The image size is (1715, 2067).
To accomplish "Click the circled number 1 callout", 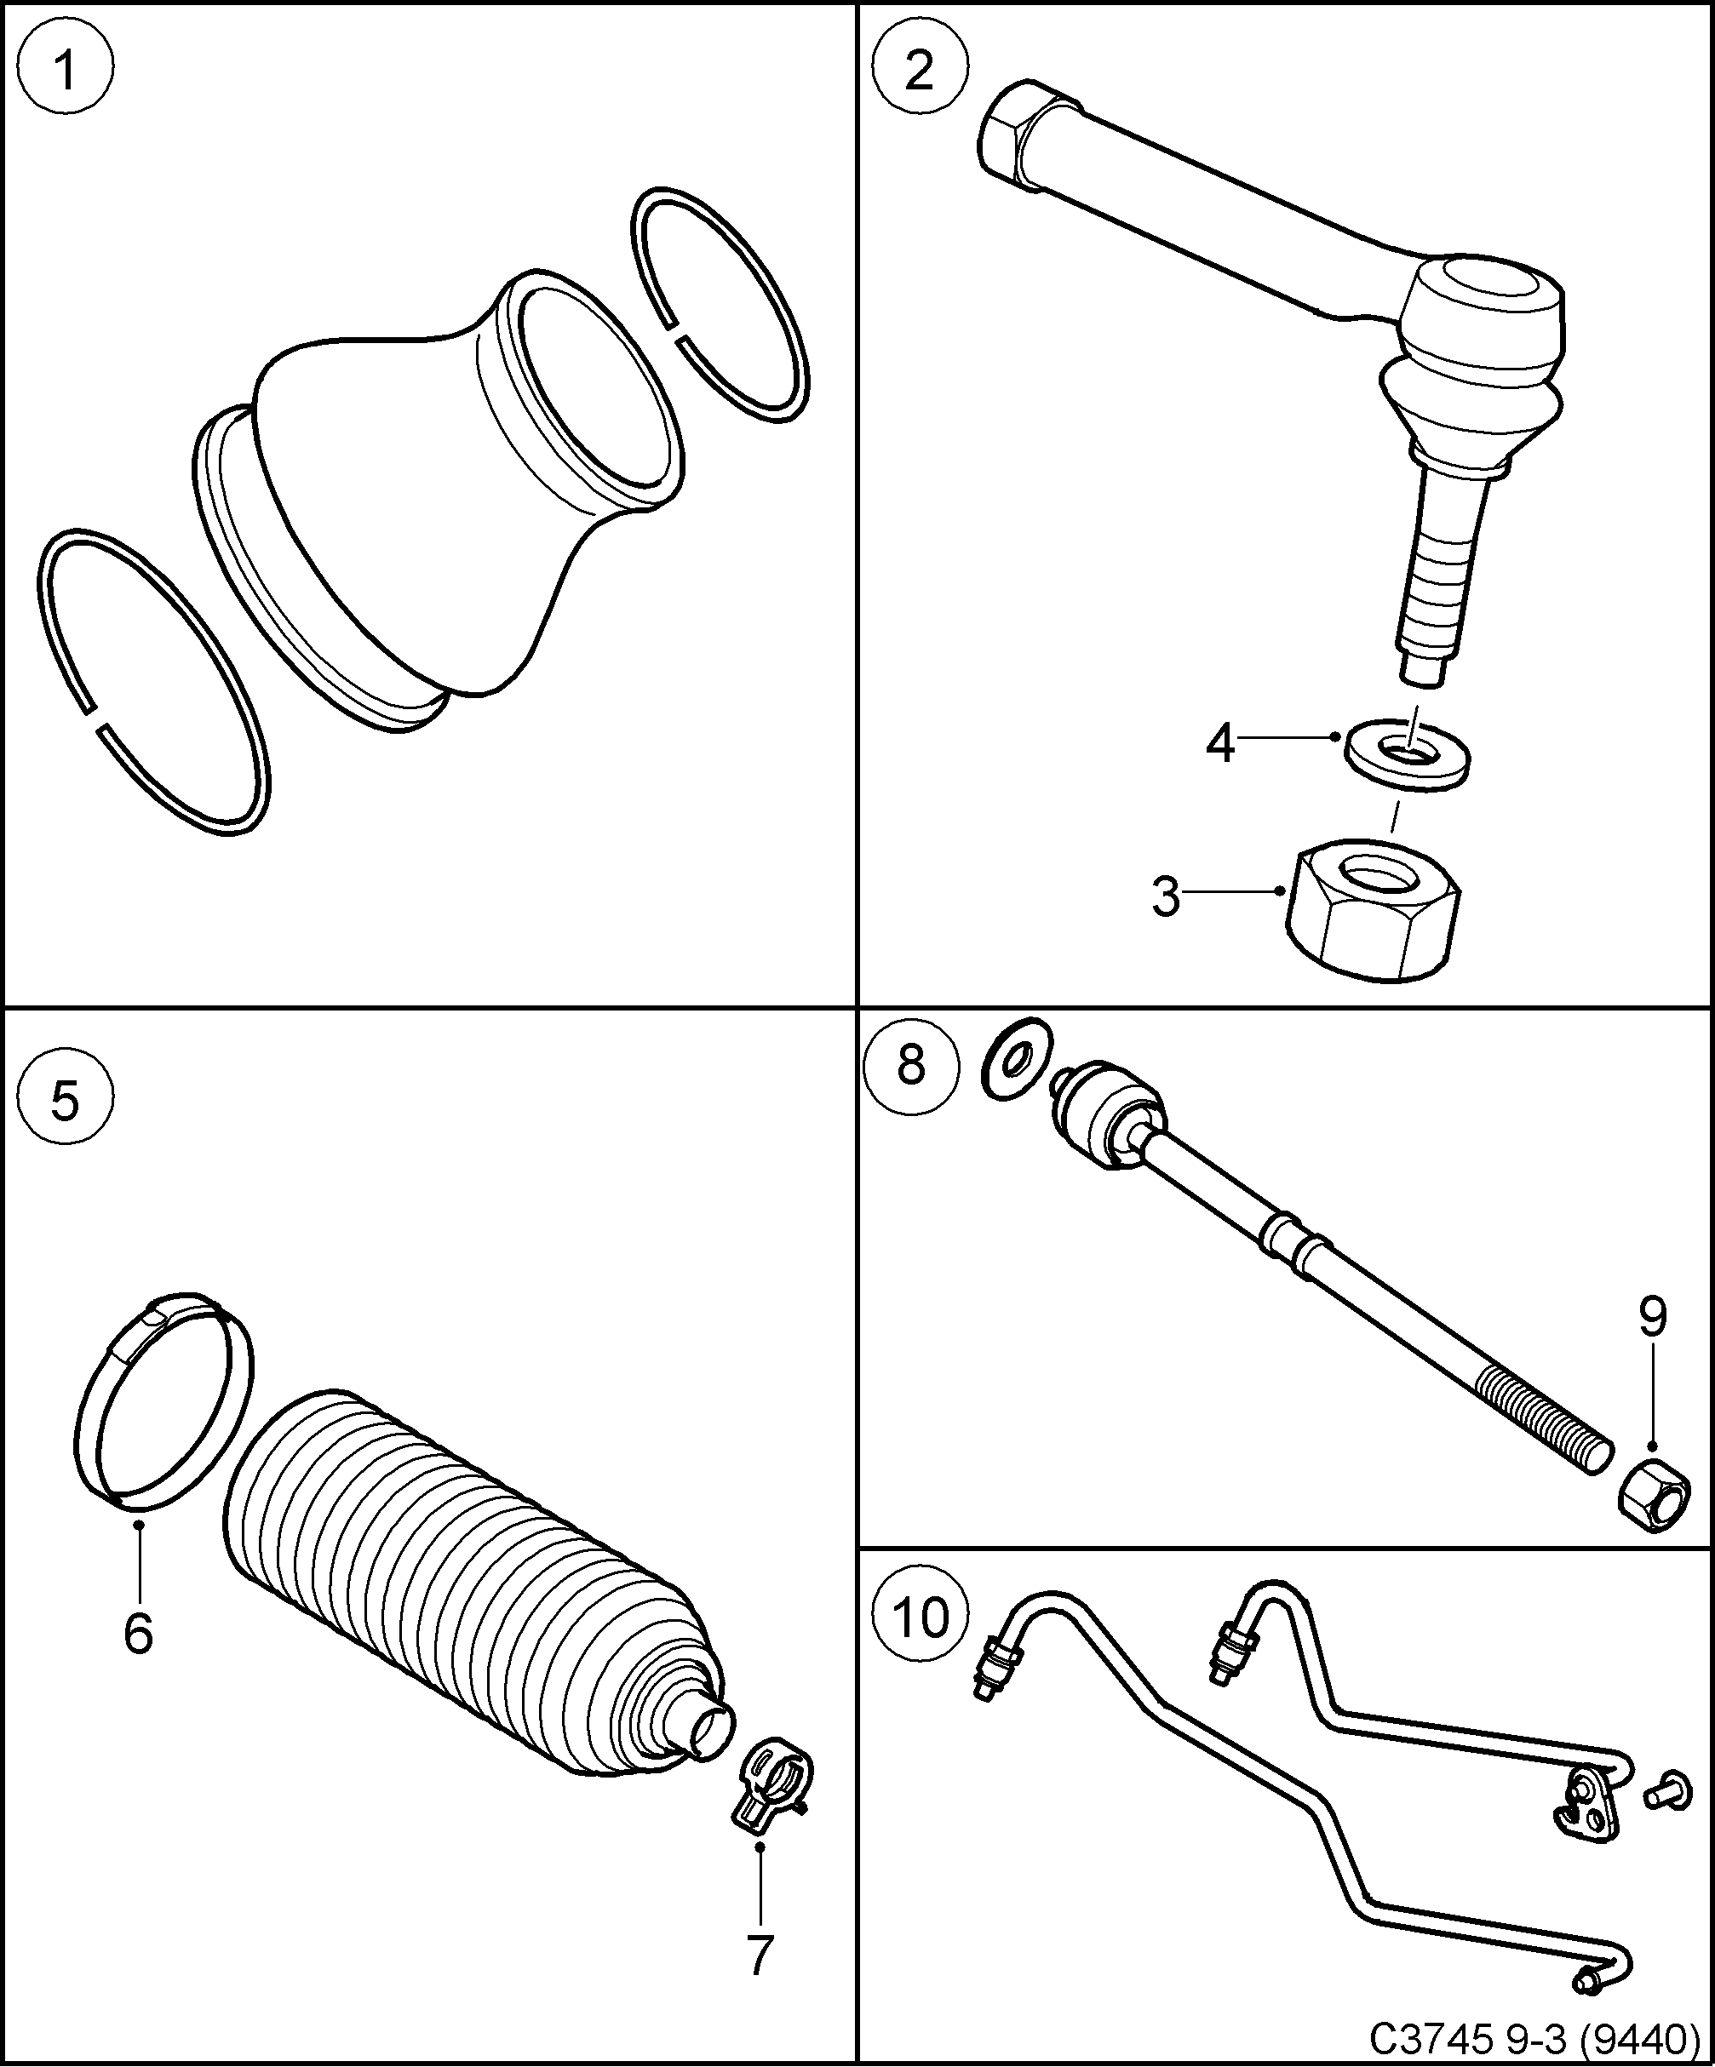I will point(66,69).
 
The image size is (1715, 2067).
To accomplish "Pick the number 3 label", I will point(1166,896).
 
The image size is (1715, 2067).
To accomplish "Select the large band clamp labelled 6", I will point(163,1413).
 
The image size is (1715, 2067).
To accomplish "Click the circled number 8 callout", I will point(910,1066).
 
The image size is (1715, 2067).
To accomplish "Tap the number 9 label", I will point(1653,1317).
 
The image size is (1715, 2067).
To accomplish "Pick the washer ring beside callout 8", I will point(1017,1058).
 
